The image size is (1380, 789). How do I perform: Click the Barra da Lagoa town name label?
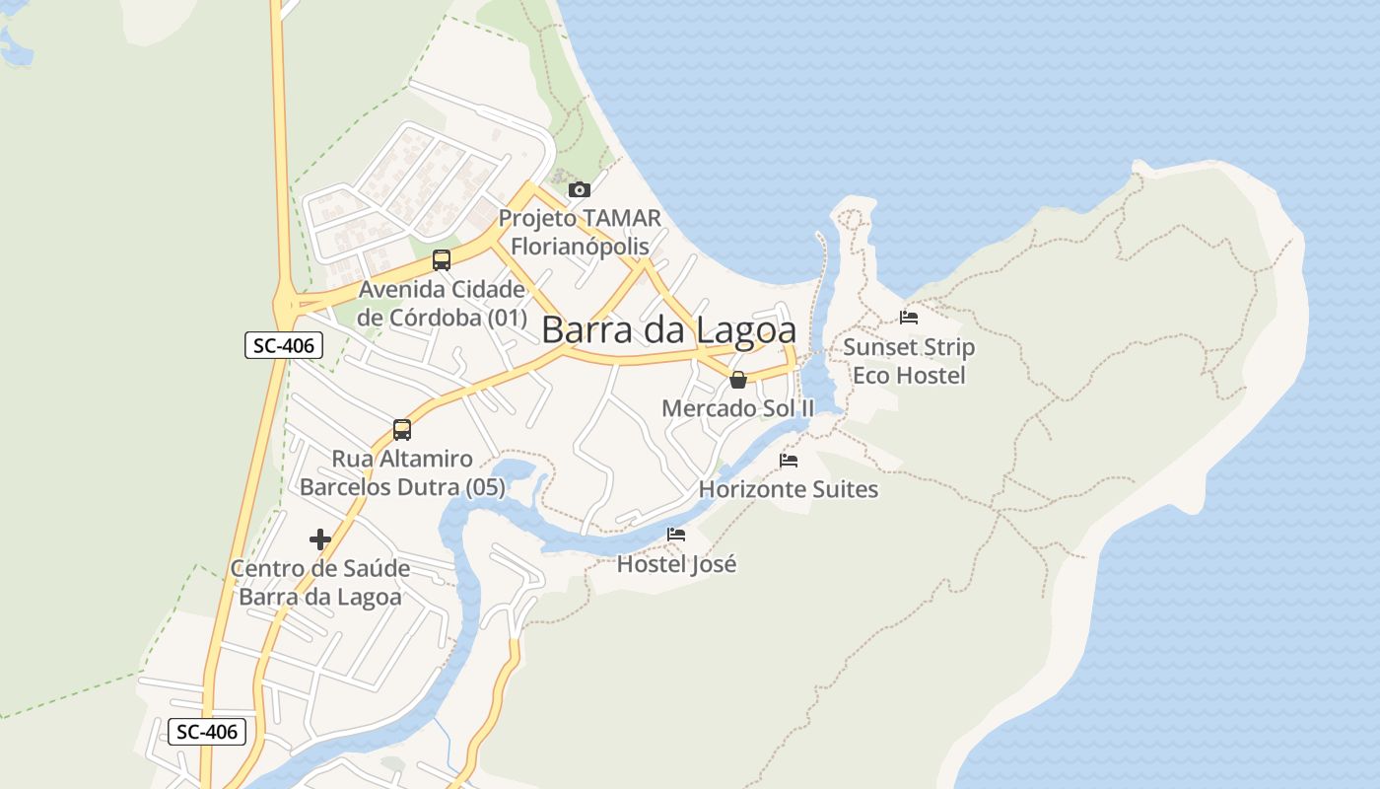668,330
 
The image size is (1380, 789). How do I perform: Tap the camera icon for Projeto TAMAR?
580,189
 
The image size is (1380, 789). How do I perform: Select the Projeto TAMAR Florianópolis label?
580,232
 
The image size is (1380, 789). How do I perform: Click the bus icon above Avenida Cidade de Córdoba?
442,260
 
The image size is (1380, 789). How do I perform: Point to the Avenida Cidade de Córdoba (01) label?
442,304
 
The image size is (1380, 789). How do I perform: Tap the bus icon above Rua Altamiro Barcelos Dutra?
402,430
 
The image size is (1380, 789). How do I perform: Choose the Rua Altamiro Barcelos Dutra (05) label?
402,473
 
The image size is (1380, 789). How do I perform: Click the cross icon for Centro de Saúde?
319,539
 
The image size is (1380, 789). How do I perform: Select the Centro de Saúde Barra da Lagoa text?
320,583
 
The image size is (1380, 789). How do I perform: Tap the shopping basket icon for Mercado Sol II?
738,380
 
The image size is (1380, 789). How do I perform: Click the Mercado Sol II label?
738,408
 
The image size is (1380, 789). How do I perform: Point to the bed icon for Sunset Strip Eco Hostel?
909,318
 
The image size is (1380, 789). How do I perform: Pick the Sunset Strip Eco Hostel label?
909,361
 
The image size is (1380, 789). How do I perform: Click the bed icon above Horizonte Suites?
789,460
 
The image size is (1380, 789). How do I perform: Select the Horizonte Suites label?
789,489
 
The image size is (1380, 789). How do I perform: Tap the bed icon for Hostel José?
676,535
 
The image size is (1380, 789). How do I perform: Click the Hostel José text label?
676,564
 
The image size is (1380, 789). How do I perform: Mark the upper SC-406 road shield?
284,345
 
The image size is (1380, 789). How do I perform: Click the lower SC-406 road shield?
207,732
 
